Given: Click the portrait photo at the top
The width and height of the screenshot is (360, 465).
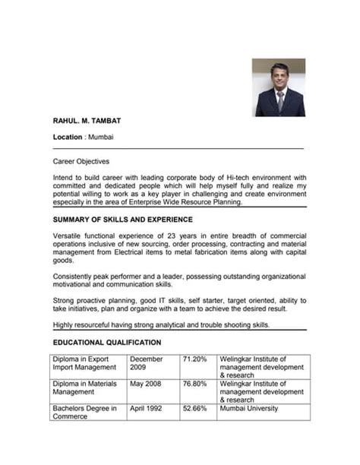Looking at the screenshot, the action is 279,87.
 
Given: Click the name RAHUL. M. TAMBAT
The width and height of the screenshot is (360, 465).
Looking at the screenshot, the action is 87,121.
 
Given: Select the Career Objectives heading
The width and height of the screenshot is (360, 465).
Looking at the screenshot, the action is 81,162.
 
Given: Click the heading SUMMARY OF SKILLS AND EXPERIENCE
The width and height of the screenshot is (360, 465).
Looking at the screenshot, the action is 128,219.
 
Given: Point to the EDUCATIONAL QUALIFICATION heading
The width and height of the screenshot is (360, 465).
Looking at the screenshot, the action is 107,342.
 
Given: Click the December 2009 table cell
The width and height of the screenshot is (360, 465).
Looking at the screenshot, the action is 147,363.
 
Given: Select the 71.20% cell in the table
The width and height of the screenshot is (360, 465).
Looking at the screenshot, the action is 194,359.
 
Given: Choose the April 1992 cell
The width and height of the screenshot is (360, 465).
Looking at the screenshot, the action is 147,409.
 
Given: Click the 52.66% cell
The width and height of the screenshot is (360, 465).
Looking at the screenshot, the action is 194,409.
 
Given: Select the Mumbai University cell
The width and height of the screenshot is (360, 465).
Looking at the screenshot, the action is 248,409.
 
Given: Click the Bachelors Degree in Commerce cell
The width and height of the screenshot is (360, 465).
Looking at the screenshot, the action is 85,413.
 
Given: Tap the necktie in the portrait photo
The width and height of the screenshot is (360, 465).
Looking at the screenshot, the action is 279,100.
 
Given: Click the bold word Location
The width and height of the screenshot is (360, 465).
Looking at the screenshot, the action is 68,138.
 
